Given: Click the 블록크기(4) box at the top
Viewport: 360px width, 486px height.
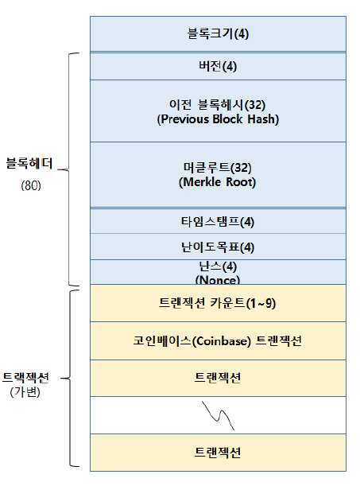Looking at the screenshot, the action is pyautogui.click(x=218, y=33).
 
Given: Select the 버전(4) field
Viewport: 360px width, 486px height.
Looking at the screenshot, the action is pyautogui.click(x=218, y=66).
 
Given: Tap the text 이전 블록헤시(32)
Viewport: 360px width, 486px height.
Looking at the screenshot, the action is pyautogui.click(x=217, y=105).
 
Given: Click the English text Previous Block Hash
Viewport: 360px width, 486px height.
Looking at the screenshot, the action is pyautogui.click(x=218, y=119).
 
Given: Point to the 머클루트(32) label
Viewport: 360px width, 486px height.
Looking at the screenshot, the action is pyautogui.click(x=217, y=167).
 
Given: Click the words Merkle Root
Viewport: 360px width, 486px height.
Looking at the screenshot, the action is pyautogui.click(x=217, y=182).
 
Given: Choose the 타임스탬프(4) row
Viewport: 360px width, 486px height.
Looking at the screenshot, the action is pyautogui.click(x=218, y=221).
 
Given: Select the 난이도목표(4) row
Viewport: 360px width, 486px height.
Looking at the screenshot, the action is pyautogui.click(x=218, y=247).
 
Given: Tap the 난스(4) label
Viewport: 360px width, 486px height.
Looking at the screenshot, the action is pyautogui.click(x=218, y=266).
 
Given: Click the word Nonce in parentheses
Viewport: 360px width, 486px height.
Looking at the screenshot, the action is pyautogui.click(x=218, y=280).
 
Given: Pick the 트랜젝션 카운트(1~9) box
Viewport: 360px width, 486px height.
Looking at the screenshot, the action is pyautogui.click(x=218, y=303).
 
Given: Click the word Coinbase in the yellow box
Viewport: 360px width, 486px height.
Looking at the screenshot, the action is pyautogui.click(x=222, y=341).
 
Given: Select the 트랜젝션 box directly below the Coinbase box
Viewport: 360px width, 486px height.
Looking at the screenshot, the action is pyautogui.click(x=218, y=378).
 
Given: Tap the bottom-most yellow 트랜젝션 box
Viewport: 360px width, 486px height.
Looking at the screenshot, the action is pyautogui.click(x=218, y=453).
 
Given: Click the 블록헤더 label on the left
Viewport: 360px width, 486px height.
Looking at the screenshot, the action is pyautogui.click(x=29, y=163).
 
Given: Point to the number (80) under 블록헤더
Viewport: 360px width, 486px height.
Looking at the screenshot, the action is pyautogui.click(x=31, y=185).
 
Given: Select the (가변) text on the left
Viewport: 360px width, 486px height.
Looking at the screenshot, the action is pyautogui.click(x=25, y=392).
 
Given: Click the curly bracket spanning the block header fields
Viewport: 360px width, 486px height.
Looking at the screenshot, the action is pyautogui.click(x=68, y=169).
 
